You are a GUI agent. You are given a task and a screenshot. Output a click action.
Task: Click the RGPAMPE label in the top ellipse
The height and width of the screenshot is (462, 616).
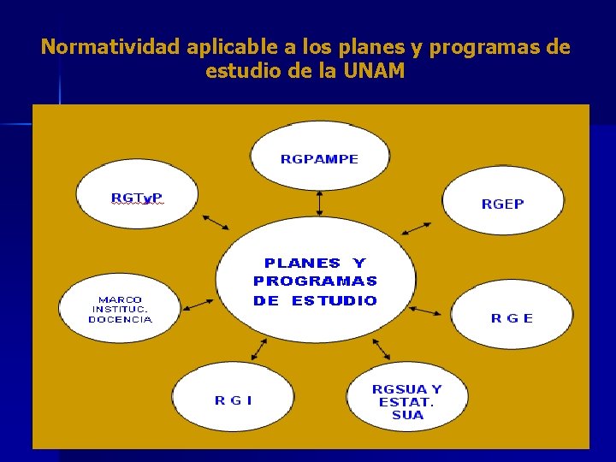tap(319, 159)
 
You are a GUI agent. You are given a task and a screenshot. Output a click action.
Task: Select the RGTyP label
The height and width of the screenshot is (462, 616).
tap(137, 198)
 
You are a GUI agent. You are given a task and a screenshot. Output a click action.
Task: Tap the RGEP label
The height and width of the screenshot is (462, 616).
tap(502, 204)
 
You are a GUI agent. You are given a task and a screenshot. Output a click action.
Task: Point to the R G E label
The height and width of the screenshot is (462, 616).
tap(512, 318)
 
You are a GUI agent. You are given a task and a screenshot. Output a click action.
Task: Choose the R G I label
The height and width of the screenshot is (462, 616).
tap(233, 400)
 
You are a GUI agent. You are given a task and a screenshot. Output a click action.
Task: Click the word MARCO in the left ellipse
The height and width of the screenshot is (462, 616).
tap(120, 299)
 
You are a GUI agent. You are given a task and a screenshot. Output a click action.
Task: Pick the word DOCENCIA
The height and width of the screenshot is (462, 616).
tap(120, 320)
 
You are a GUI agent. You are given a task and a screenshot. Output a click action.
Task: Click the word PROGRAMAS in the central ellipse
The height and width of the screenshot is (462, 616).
tap(315, 281)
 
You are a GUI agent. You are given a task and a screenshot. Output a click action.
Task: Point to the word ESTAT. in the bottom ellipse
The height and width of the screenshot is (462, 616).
tap(406, 402)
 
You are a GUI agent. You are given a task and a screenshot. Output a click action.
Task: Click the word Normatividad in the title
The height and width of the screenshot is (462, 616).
tap(110, 47)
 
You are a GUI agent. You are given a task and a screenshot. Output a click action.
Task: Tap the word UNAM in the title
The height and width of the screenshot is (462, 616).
tap(376, 71)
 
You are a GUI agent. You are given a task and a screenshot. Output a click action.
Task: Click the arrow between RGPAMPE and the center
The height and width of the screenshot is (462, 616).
tap(319, 203)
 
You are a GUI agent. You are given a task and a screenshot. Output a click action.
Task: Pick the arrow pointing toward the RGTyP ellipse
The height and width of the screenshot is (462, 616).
tap(215, 222)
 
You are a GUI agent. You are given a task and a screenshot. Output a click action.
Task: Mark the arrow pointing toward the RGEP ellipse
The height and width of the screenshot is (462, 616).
tap(417, 228)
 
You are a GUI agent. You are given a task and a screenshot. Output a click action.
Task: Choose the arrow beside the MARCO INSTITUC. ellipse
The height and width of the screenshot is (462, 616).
tap(198, 304)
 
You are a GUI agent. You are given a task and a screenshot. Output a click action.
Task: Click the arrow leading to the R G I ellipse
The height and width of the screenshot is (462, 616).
tap(258, 348)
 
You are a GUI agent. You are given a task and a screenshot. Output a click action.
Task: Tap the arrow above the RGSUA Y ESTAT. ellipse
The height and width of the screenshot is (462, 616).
tap(381, 348)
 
